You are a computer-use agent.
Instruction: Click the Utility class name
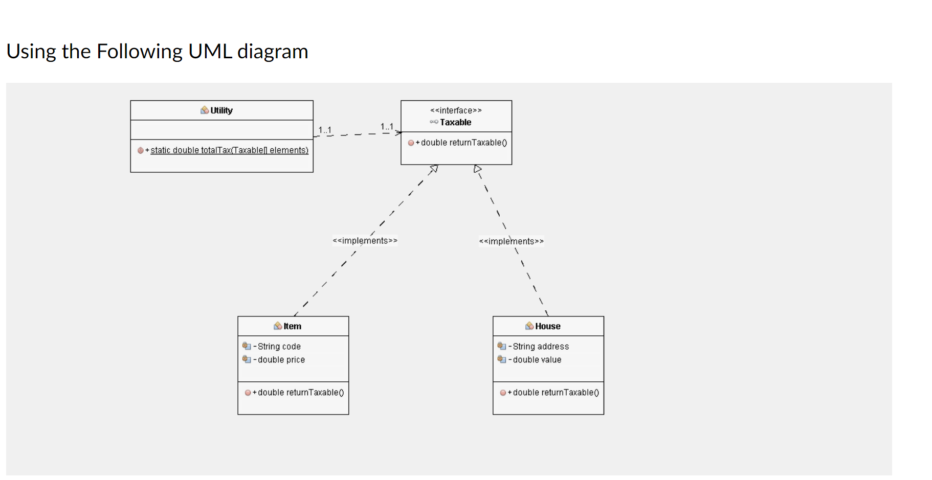click(x=221, y=110)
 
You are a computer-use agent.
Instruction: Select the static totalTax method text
click(x=229, y=150)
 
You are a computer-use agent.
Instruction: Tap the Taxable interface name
click(x=455, y=122)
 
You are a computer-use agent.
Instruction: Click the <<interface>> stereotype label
click(x=456, y=110)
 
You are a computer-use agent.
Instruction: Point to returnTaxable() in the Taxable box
click(x=463, y=143)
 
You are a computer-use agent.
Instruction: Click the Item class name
click(x=292, y=326)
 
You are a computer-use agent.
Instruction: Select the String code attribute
click(x=279, y=347)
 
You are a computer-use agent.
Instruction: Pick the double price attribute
click(x=281, y=360)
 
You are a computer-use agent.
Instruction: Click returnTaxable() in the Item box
click(x=300, y=393)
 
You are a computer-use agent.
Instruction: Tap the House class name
click(x=547, y=326)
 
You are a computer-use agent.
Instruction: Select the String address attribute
click(x=540, y=347)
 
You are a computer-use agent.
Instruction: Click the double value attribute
click(x=537, y=360)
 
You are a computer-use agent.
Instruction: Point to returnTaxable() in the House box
click(x=556, y=393)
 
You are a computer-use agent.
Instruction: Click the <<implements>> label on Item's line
click(x=365, y=241)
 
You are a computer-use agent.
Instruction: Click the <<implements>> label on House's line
click(x=511, y=241)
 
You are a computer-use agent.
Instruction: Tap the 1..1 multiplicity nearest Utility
click(x=325, y=130)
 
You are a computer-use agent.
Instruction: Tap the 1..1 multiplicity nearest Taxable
click(x=387, y=126)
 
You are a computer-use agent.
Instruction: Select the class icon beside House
click(x=529, y=326)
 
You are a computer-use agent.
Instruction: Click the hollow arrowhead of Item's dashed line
click(x=434, y=168)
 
